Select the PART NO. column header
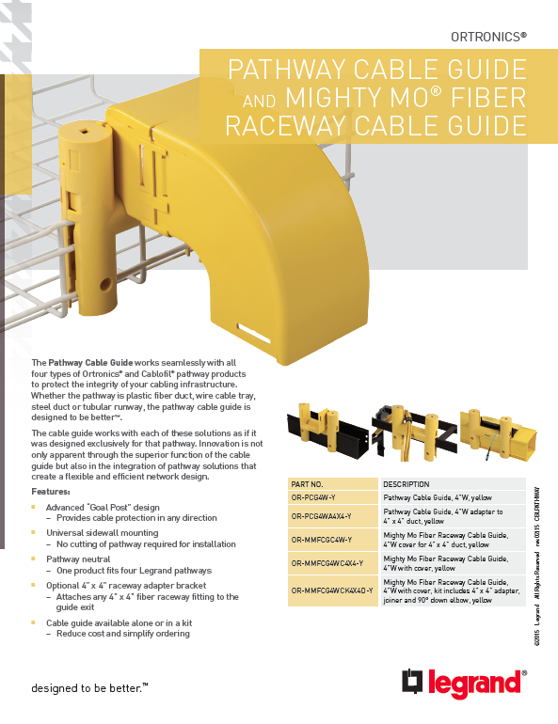pyautogui.click(x=308, y=482)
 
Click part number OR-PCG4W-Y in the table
pyautogui.click(x=313, y=496)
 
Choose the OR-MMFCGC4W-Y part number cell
pyautogui.click(x=321, y=540)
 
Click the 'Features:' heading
pyautogui.click(x=51, y=492)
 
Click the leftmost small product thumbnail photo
pyautogui.click(x=325, y=435)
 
